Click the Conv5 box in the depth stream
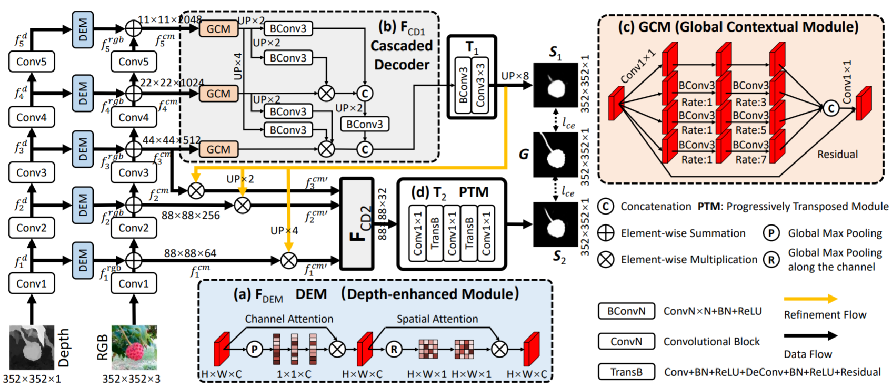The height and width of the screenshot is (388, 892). click(32, 62)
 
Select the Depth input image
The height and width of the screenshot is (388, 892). click(32, 347)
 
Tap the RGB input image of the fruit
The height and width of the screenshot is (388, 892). click(134, 347)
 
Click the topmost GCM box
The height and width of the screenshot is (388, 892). click(218, 29)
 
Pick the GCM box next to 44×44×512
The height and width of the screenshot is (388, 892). click(218, 149)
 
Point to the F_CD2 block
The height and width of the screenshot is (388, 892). click(357, 223)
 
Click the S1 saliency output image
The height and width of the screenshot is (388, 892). click(555, 85)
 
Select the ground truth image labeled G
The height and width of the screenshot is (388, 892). click(555, 155)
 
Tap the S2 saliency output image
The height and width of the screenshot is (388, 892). click(555, 224)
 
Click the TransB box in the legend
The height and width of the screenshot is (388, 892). click(626, 372)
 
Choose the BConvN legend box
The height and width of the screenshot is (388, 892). click(626, 311)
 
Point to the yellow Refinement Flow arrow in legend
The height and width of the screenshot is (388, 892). click(810, 299)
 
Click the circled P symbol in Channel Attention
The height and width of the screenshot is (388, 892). click(255, 349)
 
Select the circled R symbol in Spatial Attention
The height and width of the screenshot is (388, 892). click(394, 349)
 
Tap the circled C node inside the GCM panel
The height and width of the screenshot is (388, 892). click(831, 108)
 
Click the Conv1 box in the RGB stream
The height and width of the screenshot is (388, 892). click(134, 284)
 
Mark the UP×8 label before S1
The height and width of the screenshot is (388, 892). click(515, 76)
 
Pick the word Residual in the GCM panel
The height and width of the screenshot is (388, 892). click(837, 154)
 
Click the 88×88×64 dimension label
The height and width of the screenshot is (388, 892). click(190, 253)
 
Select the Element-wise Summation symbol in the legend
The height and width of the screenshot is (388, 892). click(606, 233)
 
